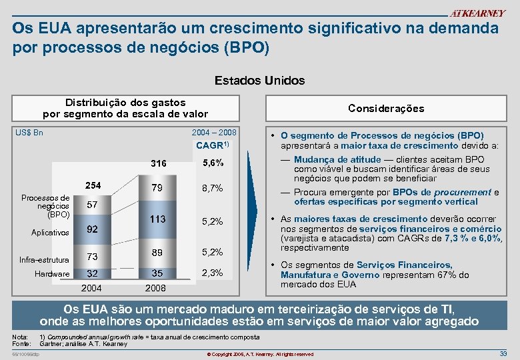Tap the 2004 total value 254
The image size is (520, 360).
pos(92,185)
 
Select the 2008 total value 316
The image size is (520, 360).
pos(159,164)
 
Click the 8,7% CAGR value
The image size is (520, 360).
pos(211,189)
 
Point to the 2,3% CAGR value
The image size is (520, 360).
pos(211,273)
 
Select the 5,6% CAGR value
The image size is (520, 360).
pos(211,163)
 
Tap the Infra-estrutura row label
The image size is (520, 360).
pos(45,259)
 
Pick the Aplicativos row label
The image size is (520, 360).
pos(50,233)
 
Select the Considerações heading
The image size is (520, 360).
pos(386,108)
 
